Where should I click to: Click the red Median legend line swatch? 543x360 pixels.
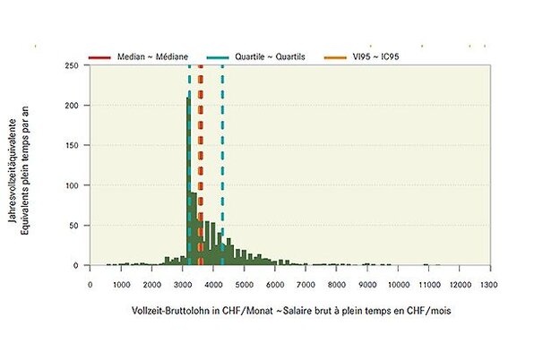click(99, 56)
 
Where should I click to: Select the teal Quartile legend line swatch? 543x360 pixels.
click(218, 56)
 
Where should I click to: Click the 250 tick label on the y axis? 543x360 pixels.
click(70, 65)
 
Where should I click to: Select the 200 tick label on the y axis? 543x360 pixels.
click(70, 106)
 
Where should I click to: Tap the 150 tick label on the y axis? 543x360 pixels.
click(70, 146)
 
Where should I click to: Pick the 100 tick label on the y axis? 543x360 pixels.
click(70, 185)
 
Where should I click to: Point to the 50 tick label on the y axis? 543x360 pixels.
click(73, 226)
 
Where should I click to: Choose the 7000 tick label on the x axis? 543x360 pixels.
click(305, 284)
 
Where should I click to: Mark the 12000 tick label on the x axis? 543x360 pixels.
click(459, 284)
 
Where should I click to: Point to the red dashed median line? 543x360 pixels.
click(201, 161)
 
